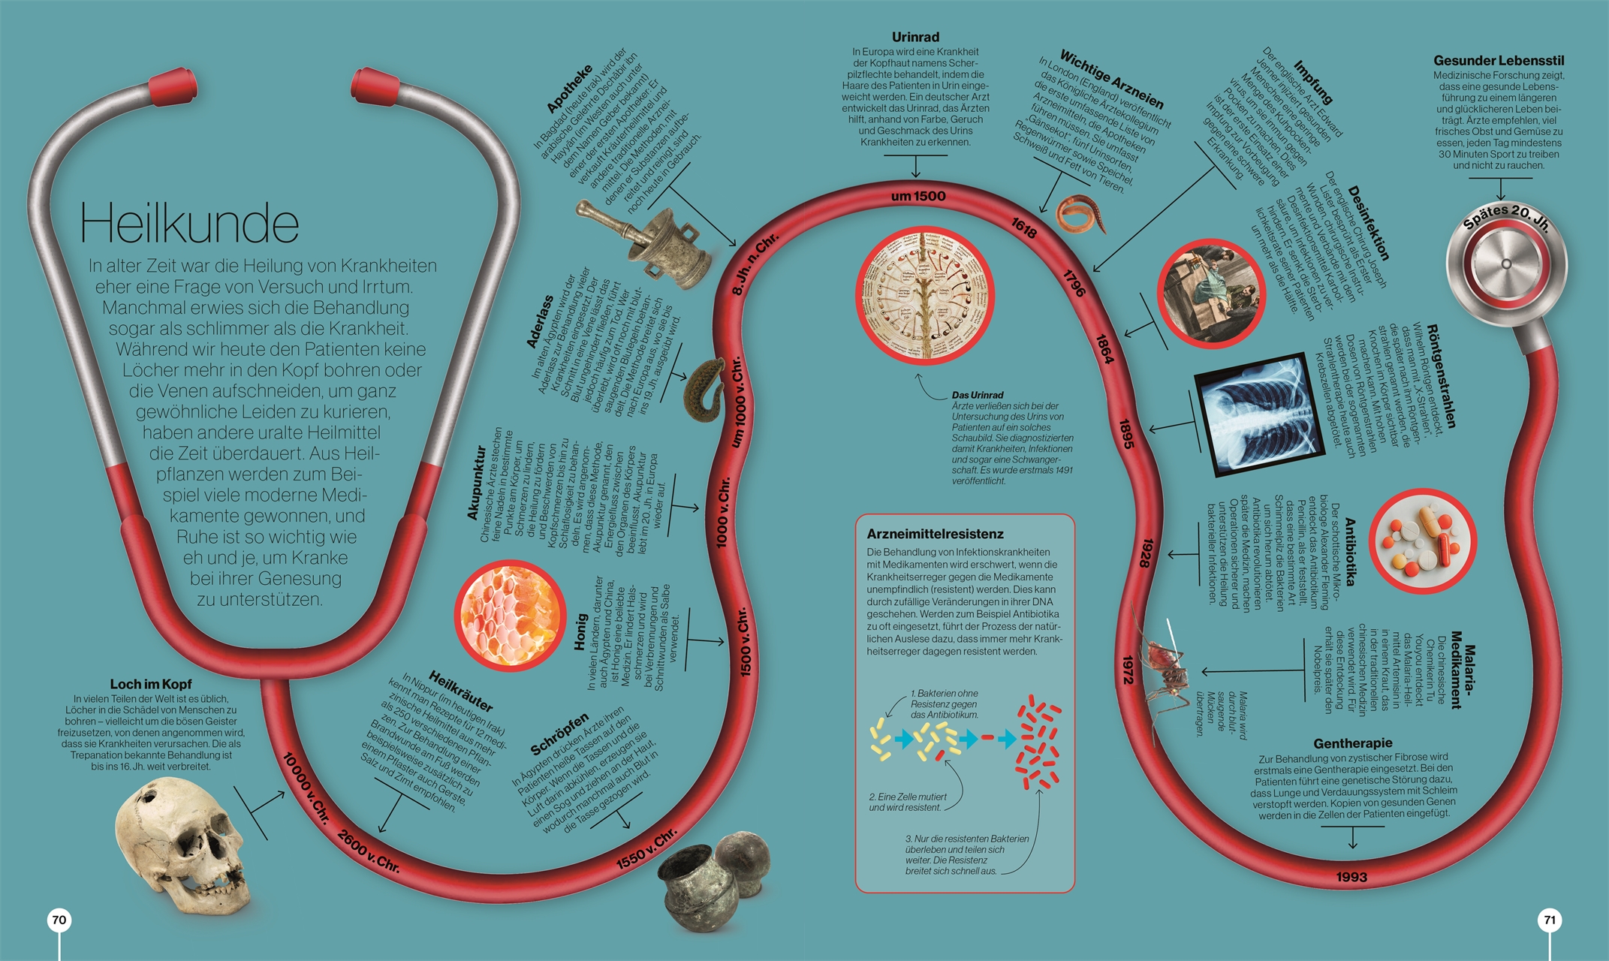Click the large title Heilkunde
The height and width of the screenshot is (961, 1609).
189,224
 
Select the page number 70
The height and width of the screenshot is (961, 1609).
59,920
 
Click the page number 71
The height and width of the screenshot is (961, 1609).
1550,920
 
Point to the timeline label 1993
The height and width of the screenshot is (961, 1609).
1351,877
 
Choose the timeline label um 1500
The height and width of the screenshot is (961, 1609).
918,196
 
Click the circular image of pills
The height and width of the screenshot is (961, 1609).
1422,542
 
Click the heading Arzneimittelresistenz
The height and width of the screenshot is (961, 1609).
935,534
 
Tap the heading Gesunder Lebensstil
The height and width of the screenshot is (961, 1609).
1499,60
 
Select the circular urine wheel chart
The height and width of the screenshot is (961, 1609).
925,295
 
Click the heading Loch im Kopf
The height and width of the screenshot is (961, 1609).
151,684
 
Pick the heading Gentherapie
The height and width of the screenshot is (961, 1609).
1353,743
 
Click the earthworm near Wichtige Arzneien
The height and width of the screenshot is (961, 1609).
1082,214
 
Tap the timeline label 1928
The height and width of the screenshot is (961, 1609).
1145,553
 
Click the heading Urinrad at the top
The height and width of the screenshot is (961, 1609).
915,37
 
